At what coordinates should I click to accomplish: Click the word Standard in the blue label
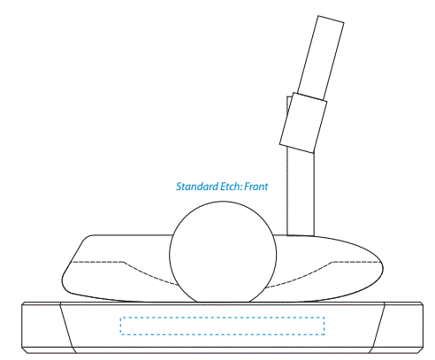[197, 187]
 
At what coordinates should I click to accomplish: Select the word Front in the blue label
[256, 187]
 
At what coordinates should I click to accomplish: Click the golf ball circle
[223, 203]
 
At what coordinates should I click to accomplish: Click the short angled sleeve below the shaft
[303, 123]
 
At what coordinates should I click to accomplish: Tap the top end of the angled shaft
[331, 19]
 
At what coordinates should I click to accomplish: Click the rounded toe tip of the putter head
[63, 279]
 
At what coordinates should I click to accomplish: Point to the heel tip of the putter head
[383, 268]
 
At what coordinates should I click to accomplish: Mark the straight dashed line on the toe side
[98, 262]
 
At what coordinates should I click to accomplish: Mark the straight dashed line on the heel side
[357, 262]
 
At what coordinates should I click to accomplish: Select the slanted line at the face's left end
[67, 327]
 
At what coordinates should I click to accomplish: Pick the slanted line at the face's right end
[378, 327]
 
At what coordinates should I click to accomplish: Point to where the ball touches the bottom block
[223, 303]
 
